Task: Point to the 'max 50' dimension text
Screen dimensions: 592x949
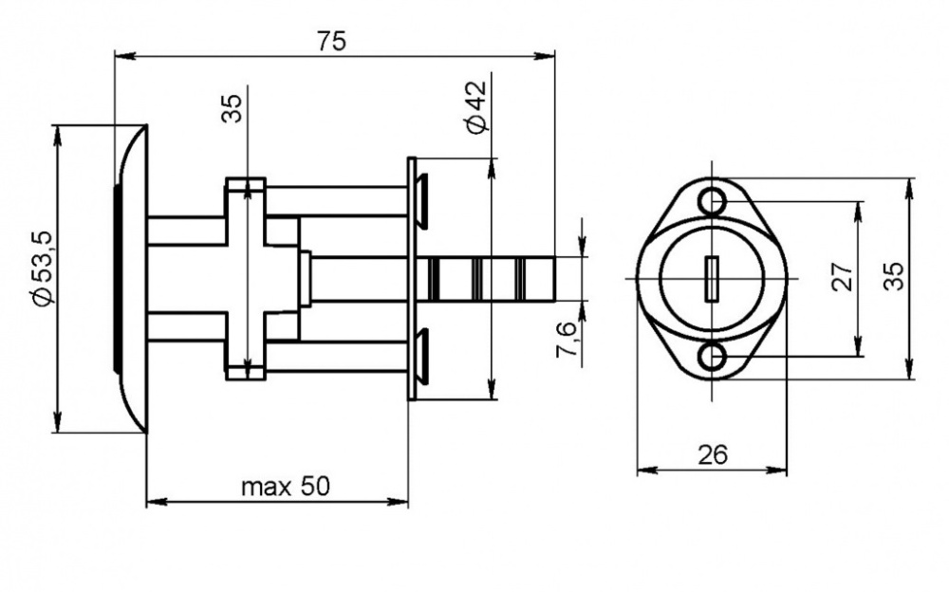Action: pos(284,488)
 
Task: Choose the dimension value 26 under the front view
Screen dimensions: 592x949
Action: pos(712,455)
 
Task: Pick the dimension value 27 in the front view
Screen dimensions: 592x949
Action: pos(842,277)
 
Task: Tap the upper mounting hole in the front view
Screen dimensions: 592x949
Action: pos(712,201)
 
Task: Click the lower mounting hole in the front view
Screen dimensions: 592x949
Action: pos(712,356)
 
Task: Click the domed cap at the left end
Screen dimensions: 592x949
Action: pos(131,277)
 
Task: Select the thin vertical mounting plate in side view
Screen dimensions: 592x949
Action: pos(411,278)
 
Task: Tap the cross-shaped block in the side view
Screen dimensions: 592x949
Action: pos(246,278)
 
